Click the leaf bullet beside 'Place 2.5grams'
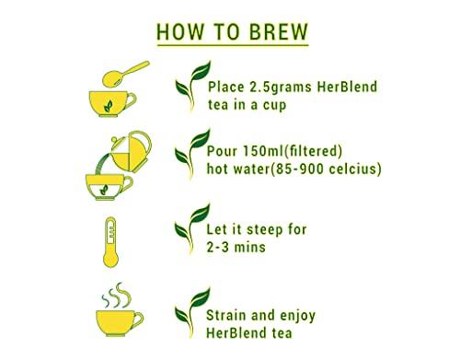click(x=190, y=93)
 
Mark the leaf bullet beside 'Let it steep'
click(x=190, y=235)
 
